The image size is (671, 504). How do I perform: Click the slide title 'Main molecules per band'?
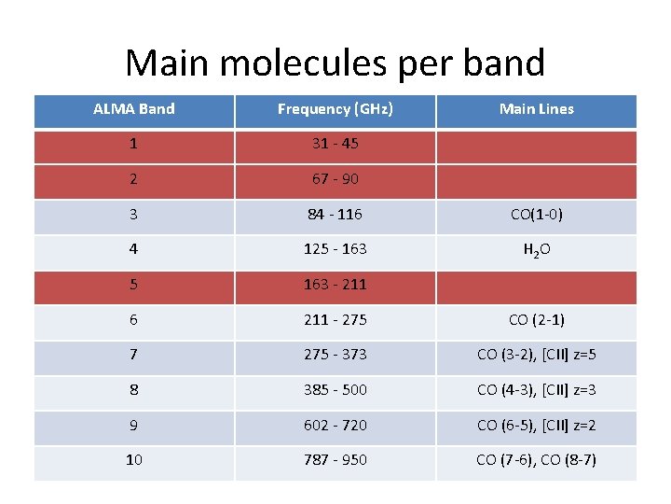(x=335, y=63)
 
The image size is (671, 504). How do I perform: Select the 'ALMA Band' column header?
(x=134, y=109)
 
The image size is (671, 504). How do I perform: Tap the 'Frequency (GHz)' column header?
(x=335, y=109)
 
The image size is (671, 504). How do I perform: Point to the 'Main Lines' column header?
(x=536, y=109)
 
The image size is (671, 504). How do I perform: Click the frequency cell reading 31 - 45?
(x=335, y=144)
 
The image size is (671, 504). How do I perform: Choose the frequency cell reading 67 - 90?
(x=335, y=178)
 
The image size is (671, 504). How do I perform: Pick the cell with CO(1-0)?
(x=536, y=214)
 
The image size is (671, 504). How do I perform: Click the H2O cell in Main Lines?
(x=536, y=249)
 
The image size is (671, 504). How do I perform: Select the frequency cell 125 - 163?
(x=335, y=248)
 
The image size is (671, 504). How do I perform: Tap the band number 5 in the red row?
(x=134, y=284)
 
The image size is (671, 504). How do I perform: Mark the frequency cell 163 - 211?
(x=335, y=284)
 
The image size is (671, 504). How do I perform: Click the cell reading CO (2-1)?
(x=536, y=319)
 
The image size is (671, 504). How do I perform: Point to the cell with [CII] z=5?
(x=536, y=355)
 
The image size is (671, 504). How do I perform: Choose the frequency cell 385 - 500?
(x=335, y=389)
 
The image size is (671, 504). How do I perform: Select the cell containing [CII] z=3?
(x=536, y=389)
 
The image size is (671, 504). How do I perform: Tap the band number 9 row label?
(x=134, y=425)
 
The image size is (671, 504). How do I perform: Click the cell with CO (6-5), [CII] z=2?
(x=536, y=425)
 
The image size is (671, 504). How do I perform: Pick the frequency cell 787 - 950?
(x=335, y=459)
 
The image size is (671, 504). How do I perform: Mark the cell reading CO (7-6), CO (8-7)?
(x=536, y=459)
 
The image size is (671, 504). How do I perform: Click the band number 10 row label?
(x=134, y=459)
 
